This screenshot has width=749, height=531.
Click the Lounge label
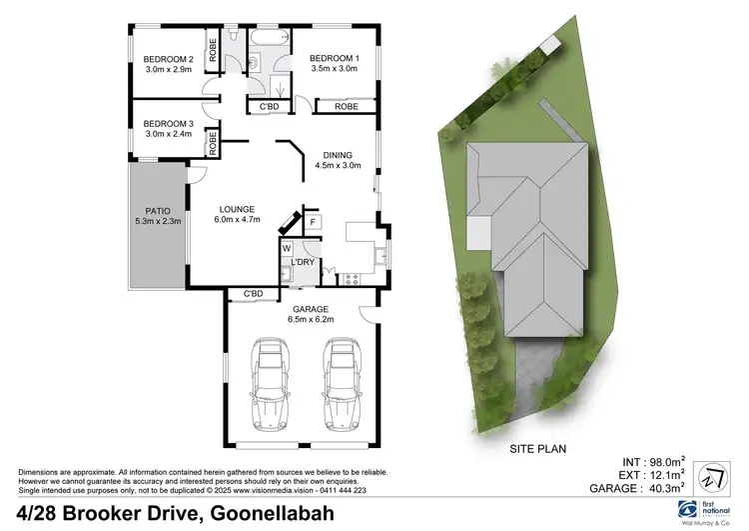click(238, 209)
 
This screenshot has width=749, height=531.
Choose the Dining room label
click(337, 154)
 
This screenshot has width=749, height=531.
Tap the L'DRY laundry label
click(303, 263)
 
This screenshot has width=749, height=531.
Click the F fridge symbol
click(313, 221)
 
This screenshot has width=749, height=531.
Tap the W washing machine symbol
click(287, 247)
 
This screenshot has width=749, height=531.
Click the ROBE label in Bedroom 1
click(347, 106)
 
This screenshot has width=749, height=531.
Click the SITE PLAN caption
click(536, 449)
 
